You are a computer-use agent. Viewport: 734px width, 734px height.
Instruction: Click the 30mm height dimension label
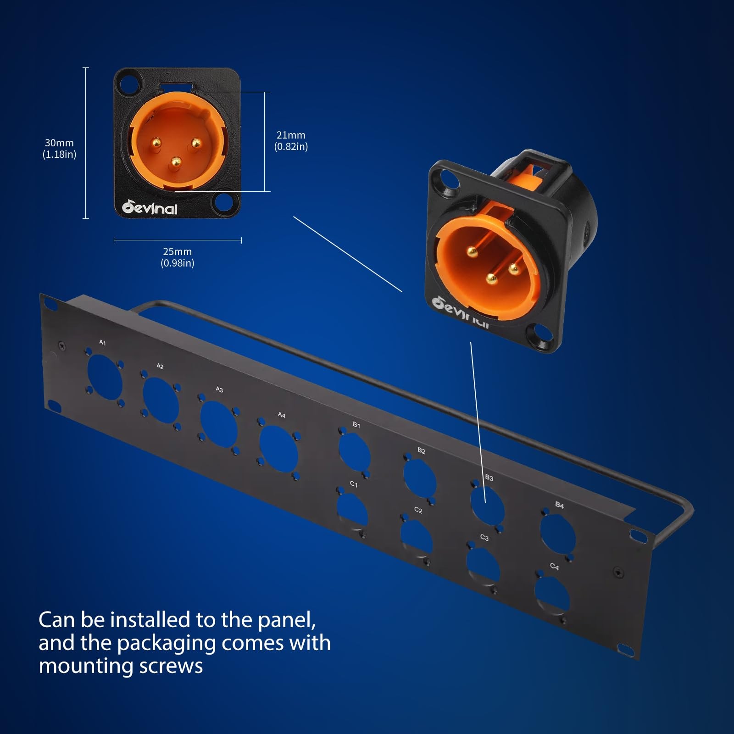tap(60, 149)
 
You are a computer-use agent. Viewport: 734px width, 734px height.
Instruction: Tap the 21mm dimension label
tap(291, 141)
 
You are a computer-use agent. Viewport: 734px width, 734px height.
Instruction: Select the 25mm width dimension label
tap(178, 257)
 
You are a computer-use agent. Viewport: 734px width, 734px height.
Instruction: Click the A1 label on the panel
tap(102, 343)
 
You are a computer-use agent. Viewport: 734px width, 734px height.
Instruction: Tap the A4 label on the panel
tap(282, 415)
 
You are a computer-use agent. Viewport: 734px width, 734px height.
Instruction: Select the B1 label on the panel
tap(356, 425)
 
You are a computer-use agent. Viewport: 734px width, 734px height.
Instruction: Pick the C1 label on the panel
tap(354, 484)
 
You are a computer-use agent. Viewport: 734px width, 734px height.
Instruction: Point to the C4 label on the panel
tap(554, 567)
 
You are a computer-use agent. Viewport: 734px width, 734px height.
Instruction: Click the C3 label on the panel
tap(484, 538)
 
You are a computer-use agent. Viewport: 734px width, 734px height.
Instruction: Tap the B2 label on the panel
tap(422, 451)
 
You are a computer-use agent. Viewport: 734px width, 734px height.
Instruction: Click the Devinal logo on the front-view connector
tap(150, 208)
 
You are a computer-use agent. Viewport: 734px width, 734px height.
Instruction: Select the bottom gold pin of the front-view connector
tap(175, 162)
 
